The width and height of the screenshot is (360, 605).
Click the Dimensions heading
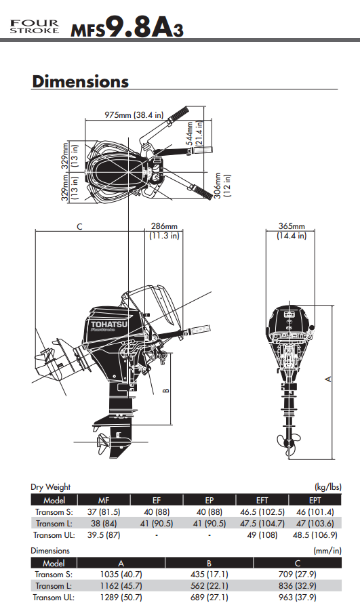tap(80, 82)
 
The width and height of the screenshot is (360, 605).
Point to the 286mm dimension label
tap(163, 231)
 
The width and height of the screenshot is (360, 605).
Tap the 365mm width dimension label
tap(292, 231)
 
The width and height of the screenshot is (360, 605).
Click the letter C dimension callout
tap(79, 227)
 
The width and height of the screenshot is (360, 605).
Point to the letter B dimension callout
tap(165, 390)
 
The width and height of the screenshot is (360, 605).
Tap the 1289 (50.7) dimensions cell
tap(121, 597)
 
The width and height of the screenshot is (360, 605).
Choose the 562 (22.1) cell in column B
tap(210, 585)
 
